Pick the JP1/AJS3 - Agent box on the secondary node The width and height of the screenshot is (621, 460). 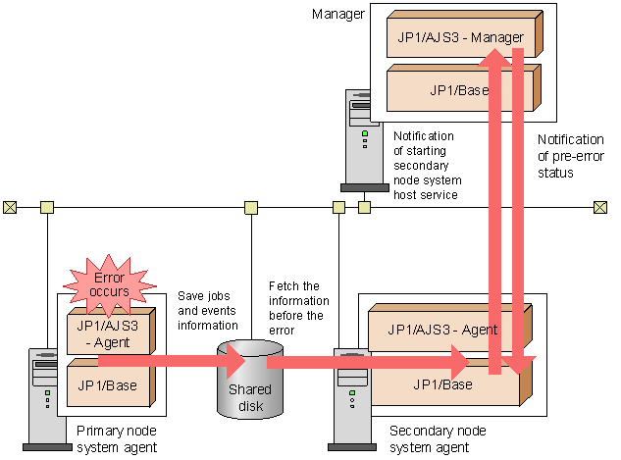[x=432, y=330]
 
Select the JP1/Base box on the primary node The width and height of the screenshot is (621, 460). [x=108, y=384]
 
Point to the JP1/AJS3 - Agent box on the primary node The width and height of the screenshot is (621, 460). [x=108, y=333]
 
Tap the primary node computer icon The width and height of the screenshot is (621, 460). [x=41, y=398]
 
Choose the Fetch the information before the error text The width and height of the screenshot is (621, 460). [x=296, y=307]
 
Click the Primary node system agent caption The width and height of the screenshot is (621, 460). [x=116, y=438]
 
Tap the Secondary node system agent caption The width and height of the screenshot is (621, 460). [x=430, y=438]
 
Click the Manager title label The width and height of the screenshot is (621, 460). [x=337, y=14]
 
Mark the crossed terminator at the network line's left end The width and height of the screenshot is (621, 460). [x=10, y=207]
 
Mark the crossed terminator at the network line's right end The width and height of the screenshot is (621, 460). [x=599, y=207]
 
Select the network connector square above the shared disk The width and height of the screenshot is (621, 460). [x=250, y=207]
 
